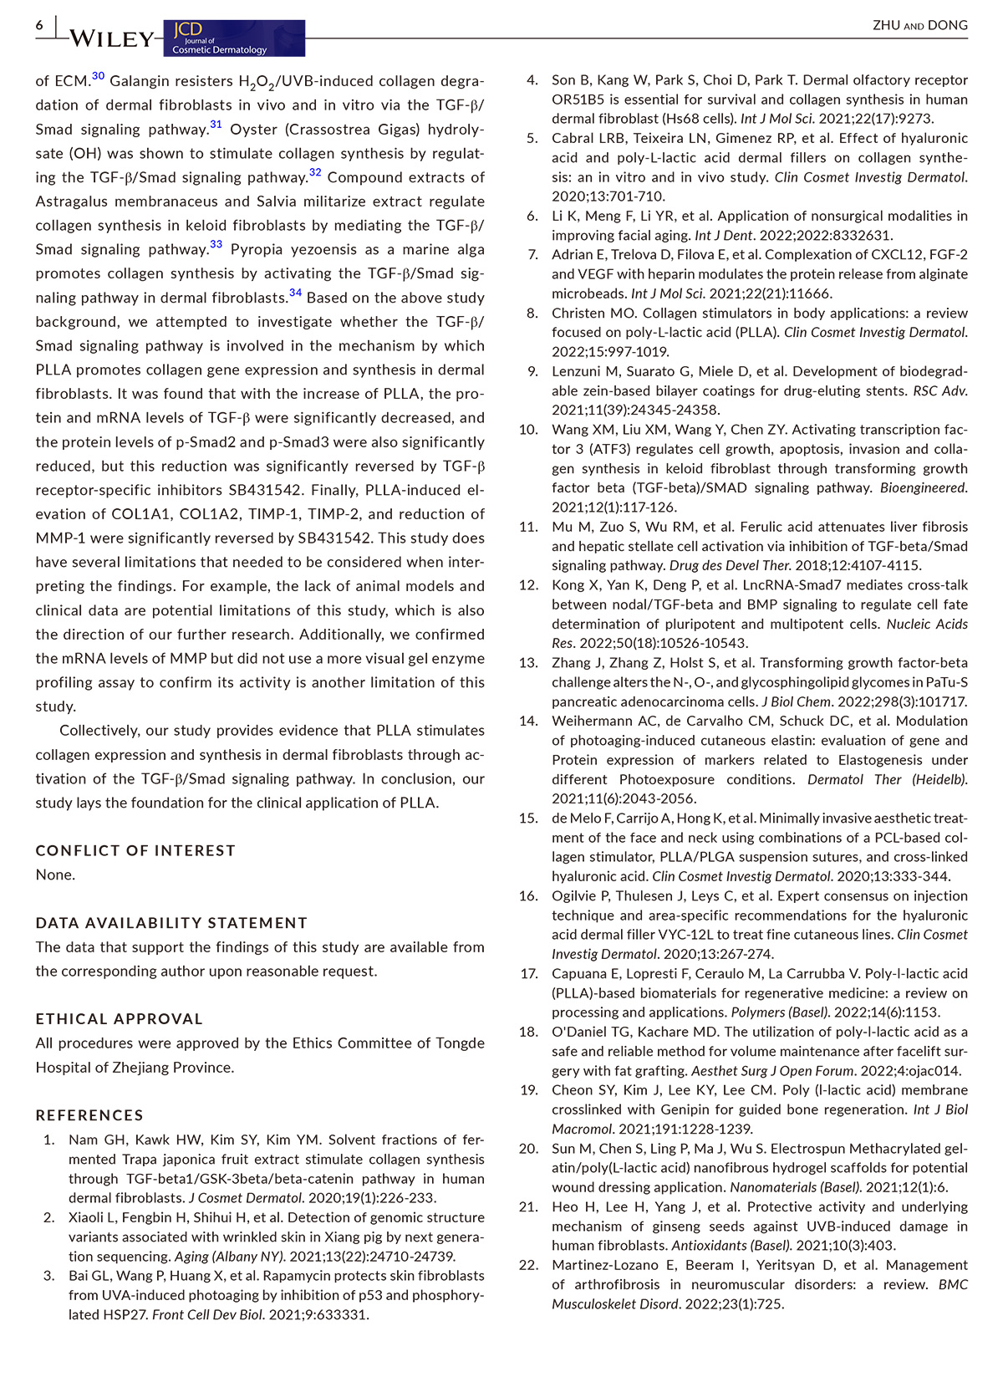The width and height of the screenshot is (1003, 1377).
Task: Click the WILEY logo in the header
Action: (x=111, y=38)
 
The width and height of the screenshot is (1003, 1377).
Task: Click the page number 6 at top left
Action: (x=39, y=26)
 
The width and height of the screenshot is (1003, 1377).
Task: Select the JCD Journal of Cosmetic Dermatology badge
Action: (x=234, y=38)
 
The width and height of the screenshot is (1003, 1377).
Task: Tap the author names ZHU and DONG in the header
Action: (x=919, y=25)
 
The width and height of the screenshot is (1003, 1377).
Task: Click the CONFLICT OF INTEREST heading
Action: (x=135, y=850)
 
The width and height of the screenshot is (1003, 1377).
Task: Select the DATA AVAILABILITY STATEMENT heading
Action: (x=171, y=923)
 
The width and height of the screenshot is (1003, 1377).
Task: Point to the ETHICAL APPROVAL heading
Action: (x=119, y=1019)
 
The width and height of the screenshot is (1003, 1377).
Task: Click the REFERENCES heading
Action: (x=89, y=1115)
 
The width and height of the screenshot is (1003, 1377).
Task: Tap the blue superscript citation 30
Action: (x=98, y=76)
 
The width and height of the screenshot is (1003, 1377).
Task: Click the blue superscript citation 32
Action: (x=315, y=172)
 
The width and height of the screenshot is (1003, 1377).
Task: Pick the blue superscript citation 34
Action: (x=295, y=293)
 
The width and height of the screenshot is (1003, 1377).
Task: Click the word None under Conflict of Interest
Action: (x=55, y=875)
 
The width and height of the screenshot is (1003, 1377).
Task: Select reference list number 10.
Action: (x=528, y=430)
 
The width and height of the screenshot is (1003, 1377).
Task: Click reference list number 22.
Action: (x=528, y=1265)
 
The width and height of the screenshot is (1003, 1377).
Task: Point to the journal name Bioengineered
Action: (x=923, y=487)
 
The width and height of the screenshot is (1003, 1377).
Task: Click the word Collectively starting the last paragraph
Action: (x=98, y=731)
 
